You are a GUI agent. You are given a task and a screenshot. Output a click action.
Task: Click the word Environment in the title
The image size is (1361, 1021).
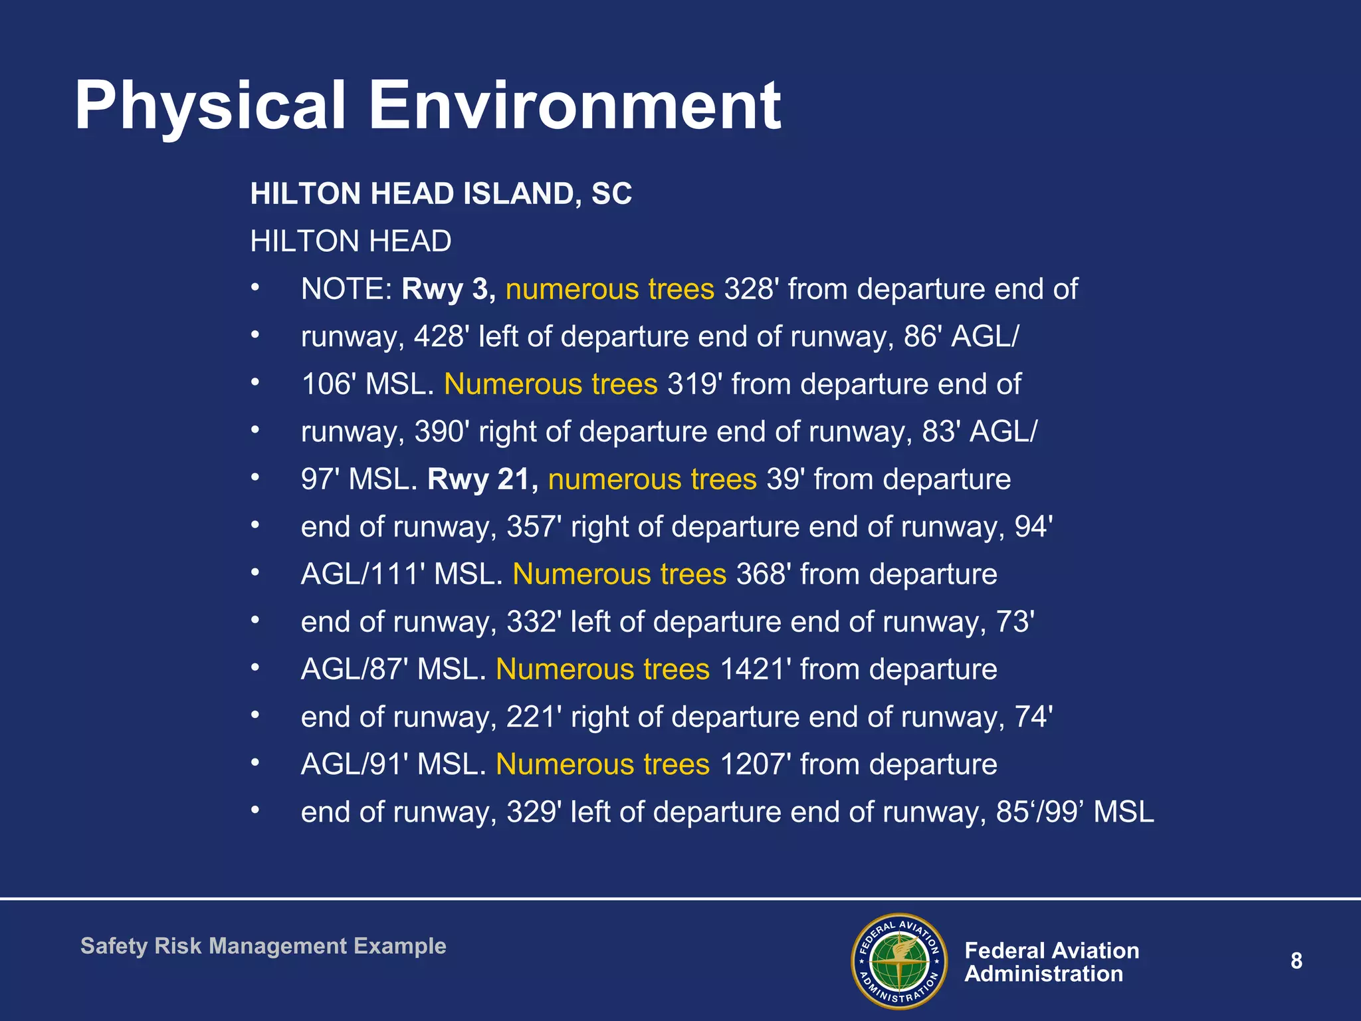pos(574,106)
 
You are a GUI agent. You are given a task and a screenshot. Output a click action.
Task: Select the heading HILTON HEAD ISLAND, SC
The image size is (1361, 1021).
pos(441,194)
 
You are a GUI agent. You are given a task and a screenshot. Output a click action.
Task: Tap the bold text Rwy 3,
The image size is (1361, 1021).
pos(449,290)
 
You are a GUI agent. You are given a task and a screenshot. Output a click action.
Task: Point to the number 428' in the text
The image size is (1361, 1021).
pos(441,337)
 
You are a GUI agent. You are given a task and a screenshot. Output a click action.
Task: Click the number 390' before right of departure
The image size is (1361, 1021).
pos(441,432)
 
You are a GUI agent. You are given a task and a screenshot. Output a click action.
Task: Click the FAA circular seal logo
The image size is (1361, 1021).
pos(899,961)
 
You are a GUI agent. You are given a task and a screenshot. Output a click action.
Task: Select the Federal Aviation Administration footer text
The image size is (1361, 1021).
pos(1051,962)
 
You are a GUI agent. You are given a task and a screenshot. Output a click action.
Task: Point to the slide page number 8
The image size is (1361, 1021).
pos(1296,961)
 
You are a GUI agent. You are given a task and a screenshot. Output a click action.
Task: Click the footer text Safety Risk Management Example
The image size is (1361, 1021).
pos(263,946)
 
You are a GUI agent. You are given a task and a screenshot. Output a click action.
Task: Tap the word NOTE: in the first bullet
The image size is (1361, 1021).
pos(346,290)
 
